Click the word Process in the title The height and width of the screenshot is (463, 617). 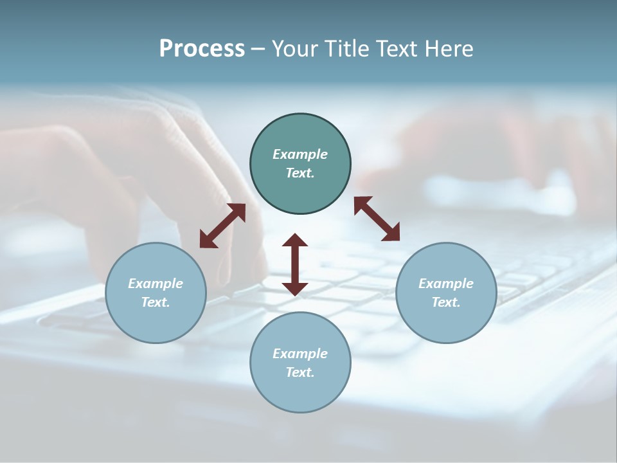point(202,49)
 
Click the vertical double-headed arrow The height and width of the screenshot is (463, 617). point(295,264)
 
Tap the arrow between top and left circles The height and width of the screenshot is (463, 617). point(222,226)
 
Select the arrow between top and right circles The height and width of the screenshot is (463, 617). point(377,219)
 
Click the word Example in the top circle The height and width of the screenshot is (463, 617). point(300,154)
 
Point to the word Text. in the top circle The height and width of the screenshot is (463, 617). point(300,173)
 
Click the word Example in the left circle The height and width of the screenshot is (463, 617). point(156,284)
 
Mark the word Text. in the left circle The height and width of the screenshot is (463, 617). point(156,302)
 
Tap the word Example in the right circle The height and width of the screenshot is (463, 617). point(446,284)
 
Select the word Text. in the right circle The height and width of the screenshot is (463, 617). point(446,302)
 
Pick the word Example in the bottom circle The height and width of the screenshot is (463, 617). point(300,354)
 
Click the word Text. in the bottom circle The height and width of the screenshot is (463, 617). point(300,372)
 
